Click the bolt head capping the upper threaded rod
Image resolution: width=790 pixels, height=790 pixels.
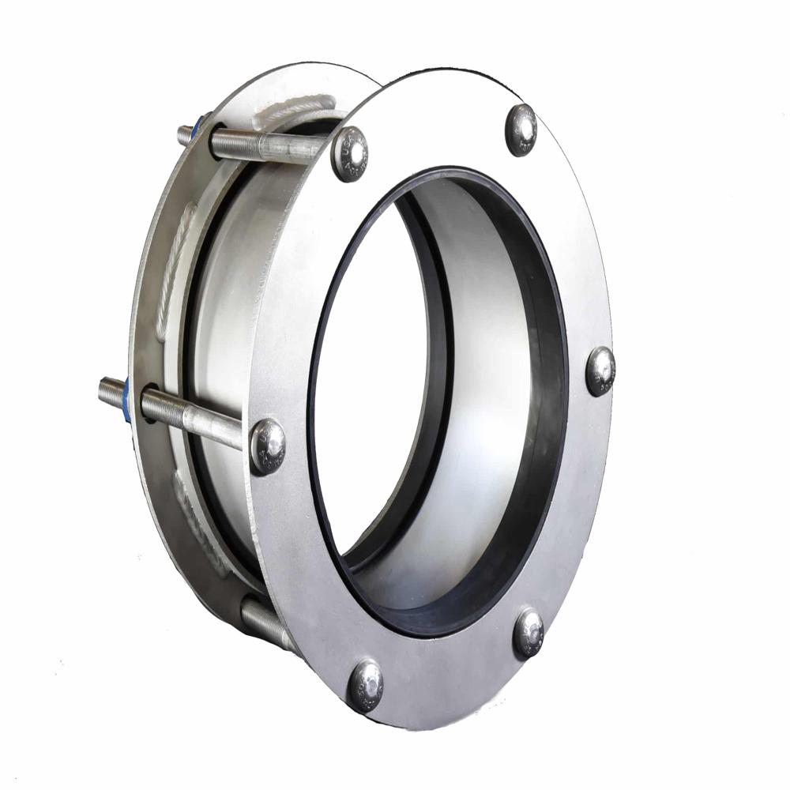(350, 153)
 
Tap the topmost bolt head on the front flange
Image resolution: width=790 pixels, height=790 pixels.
(521, 130)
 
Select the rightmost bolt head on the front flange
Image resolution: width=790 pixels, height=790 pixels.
(600, 371)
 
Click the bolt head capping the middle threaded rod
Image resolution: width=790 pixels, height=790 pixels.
(268, 446)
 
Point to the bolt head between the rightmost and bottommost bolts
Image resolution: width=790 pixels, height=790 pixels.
(529, 632)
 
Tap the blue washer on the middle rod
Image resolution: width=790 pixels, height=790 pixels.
(126, 400)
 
